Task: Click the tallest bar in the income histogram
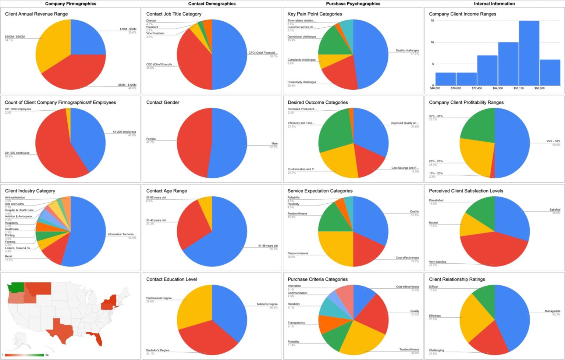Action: point(529,53)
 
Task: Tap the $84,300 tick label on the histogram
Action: point(498,88)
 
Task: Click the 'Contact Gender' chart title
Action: point(163,103)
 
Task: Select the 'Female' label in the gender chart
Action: point(151,139)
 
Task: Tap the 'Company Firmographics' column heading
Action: point(71,4)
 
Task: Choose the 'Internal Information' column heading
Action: point(494,4)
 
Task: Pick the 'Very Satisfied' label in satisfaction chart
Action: point(437,262)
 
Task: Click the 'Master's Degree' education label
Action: point(267,304)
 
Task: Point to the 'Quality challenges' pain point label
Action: point(407,50)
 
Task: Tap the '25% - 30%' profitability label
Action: point(553,141)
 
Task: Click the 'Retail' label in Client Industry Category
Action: point(8,256)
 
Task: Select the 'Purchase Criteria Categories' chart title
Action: point(317,279)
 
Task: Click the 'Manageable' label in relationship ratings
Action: point(552,311)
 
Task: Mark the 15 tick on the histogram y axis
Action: point(432,21)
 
